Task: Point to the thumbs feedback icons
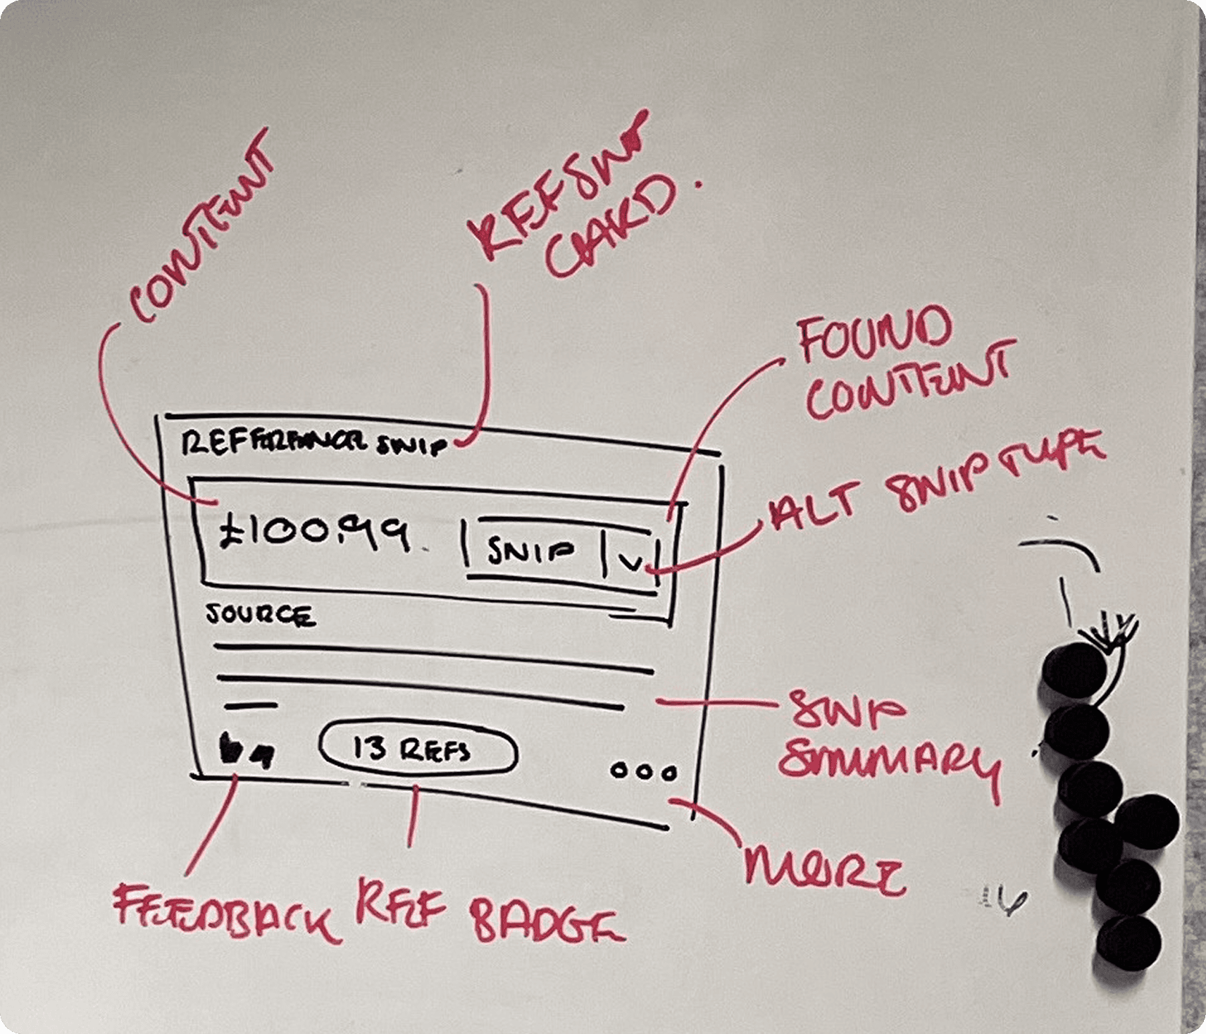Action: (245, 752)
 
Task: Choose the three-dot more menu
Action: (643, 771)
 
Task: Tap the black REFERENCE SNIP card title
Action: (313, 444)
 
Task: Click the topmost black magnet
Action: (1075, 669)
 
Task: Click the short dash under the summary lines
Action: (251, 704)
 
